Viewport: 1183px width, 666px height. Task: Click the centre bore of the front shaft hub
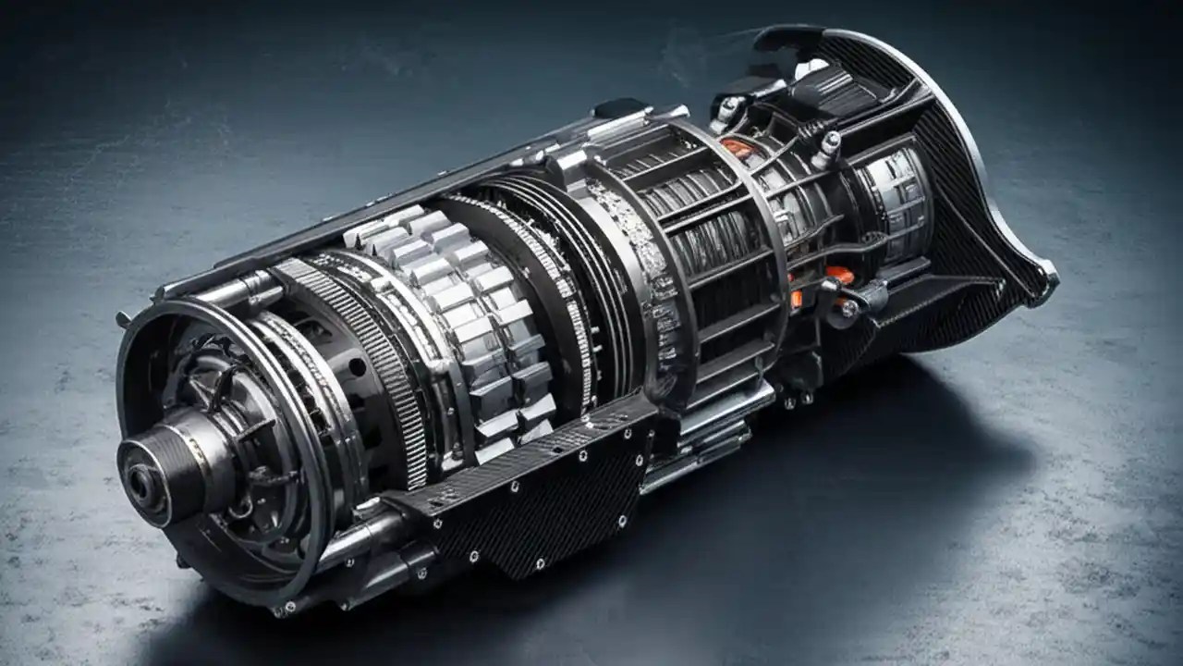pyautogui.click(x=139, y=481)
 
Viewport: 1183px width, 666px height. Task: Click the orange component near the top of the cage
pyautogui.click(x=737, y=147)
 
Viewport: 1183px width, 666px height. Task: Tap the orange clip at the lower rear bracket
pyautogui.click(x=839, y=275)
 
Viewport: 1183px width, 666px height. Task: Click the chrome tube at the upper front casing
pyautogui.click(x=222, y=291)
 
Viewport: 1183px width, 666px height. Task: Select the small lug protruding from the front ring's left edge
pyautogui.click(x=122, y=319)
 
